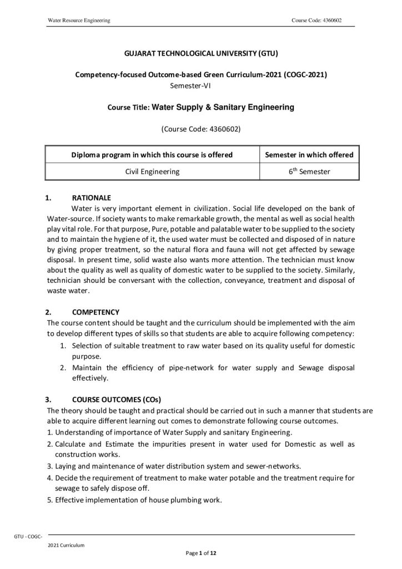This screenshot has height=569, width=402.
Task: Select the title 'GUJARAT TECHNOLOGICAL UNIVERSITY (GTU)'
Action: coord(200,54)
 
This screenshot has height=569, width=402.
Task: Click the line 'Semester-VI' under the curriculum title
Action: coord(190,85)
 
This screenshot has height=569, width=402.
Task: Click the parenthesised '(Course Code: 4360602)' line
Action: coord(200,129)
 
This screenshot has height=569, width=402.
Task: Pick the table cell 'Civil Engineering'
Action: coord(152,172)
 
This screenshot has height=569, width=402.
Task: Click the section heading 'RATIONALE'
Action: coord(92,198)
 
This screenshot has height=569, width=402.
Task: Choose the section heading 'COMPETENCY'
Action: coord(96,311)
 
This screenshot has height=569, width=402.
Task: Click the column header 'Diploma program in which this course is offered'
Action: coord(152,154)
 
